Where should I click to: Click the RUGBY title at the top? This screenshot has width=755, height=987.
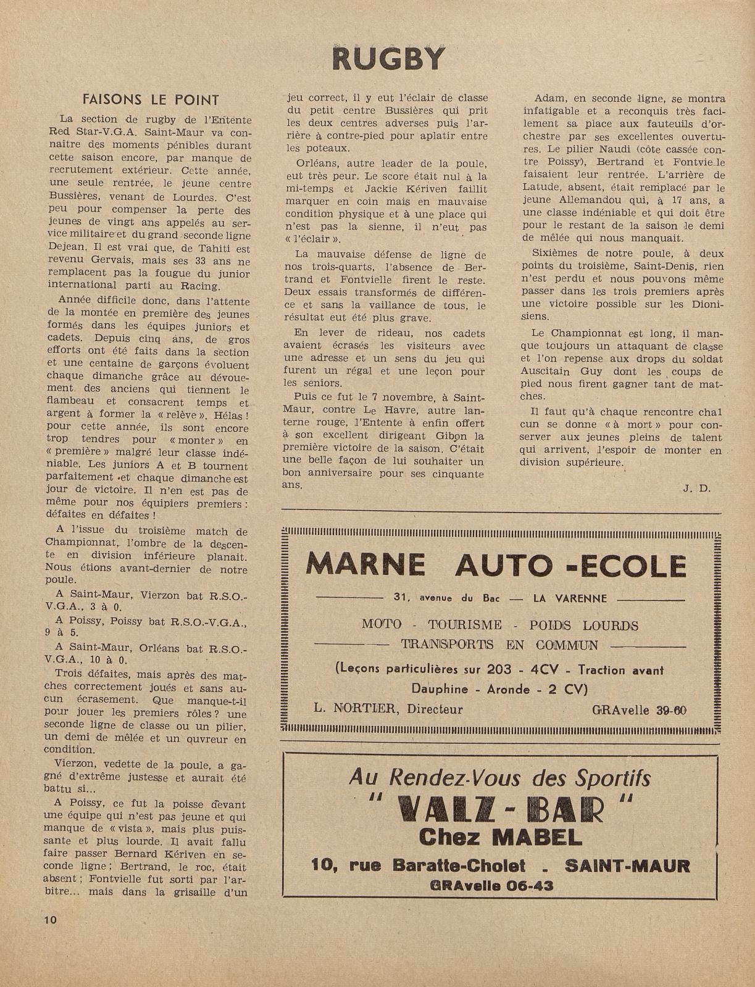coord(388,59)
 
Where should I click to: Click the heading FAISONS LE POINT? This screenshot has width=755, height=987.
coord(151,100)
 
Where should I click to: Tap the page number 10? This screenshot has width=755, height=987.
coord(50,919)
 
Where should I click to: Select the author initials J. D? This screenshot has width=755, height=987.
coord(697,488)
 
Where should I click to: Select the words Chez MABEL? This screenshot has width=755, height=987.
coord(500,837)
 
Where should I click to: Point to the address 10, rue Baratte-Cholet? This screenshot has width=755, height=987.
coord(419,865)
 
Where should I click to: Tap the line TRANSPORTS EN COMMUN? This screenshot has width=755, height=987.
coord(499,645)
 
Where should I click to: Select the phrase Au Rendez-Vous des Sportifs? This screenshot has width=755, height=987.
coord(499,778)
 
